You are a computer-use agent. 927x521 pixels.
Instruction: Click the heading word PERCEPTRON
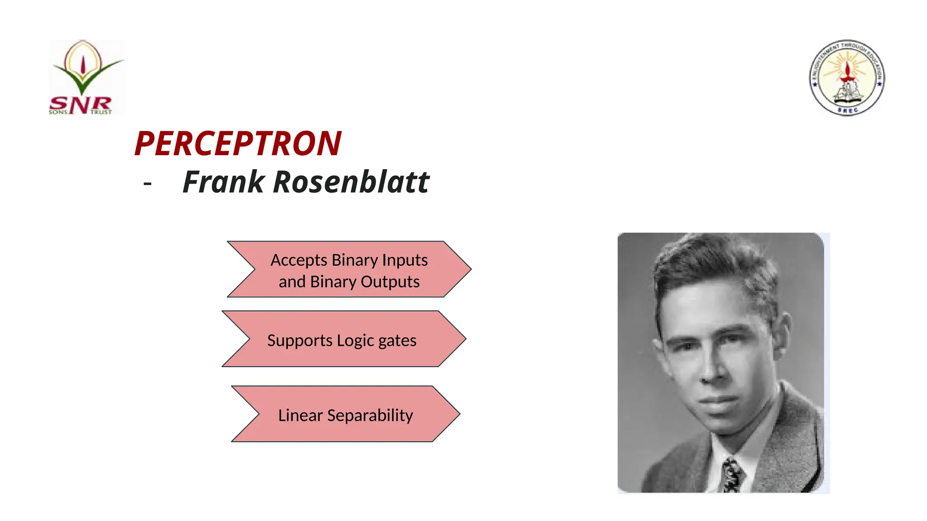click(x=238, y=144)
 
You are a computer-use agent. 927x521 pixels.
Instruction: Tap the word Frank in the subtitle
click(x=224, y=182)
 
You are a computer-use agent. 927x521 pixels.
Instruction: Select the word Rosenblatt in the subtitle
click(x=351, y=182)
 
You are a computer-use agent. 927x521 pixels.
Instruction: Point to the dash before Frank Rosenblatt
click(x=147, y=184)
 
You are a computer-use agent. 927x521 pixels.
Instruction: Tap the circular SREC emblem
click(x=847, y=77)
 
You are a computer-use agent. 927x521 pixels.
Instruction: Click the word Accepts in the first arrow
click(x=299, y=260)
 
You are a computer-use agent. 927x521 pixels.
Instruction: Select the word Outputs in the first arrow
click(x=390, y=282)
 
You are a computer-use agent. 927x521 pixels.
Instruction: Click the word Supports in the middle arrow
click(x=300, y=341)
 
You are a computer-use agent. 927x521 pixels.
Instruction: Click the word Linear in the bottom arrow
click(x=300, y=415)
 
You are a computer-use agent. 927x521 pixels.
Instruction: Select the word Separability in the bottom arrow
click(x=370, y=416)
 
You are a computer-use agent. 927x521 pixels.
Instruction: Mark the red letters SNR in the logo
click(x=80, y=104)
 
